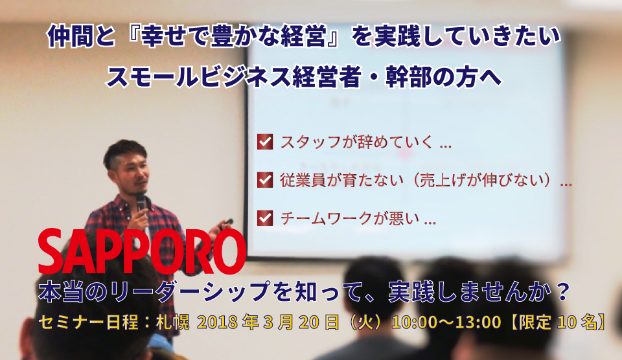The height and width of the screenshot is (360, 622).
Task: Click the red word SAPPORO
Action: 142,251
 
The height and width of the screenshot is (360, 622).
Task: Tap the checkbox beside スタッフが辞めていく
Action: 265,142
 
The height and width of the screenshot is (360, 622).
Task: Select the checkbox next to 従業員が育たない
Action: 265,179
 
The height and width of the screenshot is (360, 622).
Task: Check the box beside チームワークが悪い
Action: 265,218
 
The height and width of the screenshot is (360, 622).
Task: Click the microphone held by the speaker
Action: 141,202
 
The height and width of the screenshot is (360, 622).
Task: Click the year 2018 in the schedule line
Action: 218,322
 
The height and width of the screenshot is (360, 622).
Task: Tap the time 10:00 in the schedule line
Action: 412,322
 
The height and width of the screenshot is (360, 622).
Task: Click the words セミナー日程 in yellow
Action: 88,322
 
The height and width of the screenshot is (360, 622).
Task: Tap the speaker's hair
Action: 124,152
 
